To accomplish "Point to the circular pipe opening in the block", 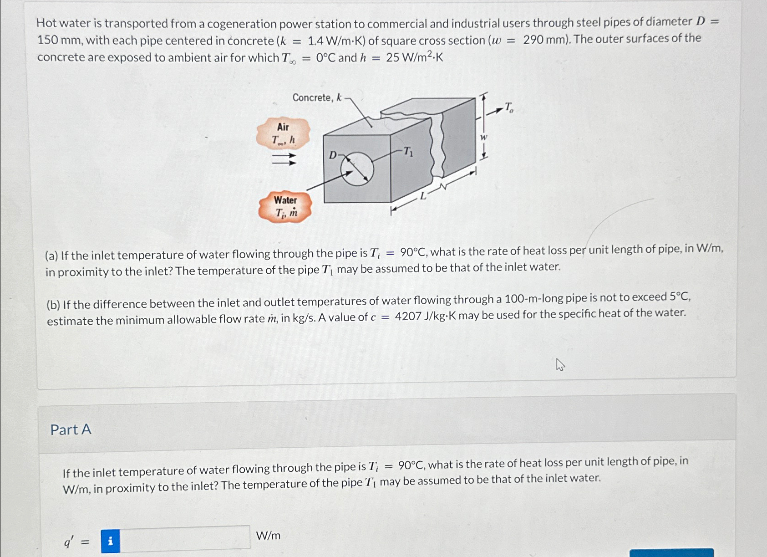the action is point(357,169).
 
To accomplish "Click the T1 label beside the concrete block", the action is point(408,151).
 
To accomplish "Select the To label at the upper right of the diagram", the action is point(509,107).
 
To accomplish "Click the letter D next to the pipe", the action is point(333,155).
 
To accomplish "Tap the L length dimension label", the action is point(423,196).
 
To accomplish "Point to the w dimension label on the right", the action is point(483,138).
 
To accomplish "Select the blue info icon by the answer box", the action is point(110,541).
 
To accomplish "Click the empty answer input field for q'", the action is point(184,538).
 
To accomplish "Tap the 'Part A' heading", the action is point(71,429).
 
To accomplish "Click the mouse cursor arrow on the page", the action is point(560,364).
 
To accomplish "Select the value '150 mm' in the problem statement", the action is point(59,41).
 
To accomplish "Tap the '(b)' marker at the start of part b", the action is point(53,304).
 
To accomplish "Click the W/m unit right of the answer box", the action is point(268,536).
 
